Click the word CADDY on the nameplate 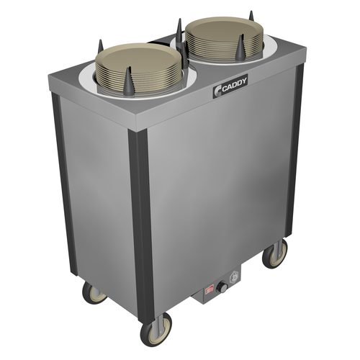coord(235,85)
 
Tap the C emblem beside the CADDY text coord(217,91)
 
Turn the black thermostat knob coord(221,287)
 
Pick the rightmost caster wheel coord(275,253)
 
